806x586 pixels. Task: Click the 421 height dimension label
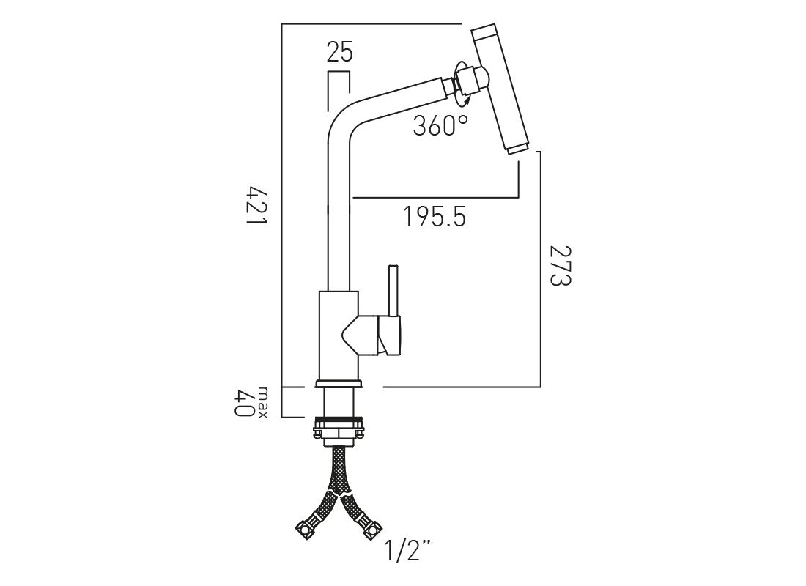click(x=257, y=206)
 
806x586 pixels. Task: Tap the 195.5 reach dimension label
click(x=435, y=216)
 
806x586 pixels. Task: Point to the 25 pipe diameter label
click(x=340, y=53)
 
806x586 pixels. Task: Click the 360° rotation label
click(x=440, y=125)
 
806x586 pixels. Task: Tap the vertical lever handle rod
click(x=393, y=290)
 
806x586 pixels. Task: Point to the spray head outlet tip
click(x=517, y=149)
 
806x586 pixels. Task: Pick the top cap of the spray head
click(x=486, y=32)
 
